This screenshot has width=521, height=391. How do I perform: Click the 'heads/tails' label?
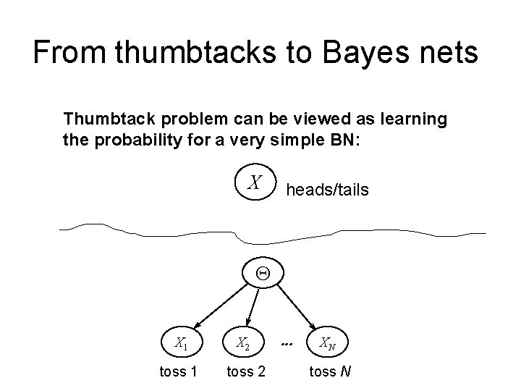tap(327, 190)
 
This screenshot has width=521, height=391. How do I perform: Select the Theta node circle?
tap(263, 274)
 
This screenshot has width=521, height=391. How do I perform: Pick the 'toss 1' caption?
tap(177, 371)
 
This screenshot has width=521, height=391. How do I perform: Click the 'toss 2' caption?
tap(246, 371)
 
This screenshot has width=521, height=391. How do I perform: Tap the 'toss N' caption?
tap(330, 371)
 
